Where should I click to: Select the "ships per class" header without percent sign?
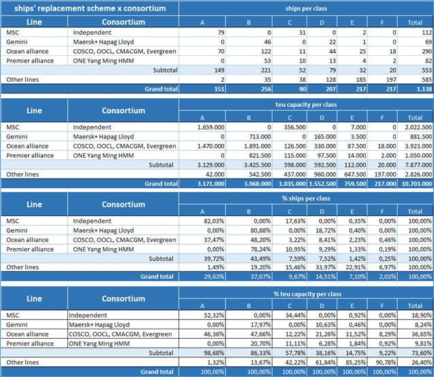coord(306,8)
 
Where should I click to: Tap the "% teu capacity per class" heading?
coord(306,293)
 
